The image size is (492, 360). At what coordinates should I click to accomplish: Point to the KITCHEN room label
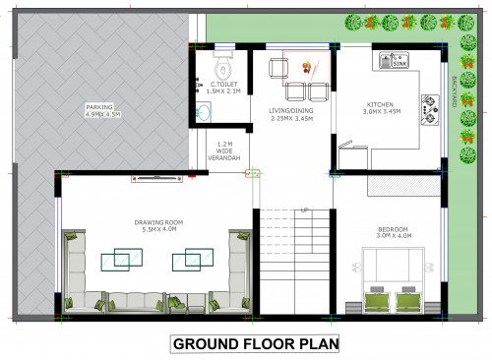pos(381,104)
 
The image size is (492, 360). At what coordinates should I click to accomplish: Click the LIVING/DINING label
pos(291,110)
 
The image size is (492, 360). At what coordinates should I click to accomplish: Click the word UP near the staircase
pos(305,210)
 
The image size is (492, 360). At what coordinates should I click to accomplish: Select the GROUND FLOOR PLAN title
pos(255,344)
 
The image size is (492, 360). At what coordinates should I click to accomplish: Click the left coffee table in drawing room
pos(117,261)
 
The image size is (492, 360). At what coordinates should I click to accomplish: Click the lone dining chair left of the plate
pos(278,67)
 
